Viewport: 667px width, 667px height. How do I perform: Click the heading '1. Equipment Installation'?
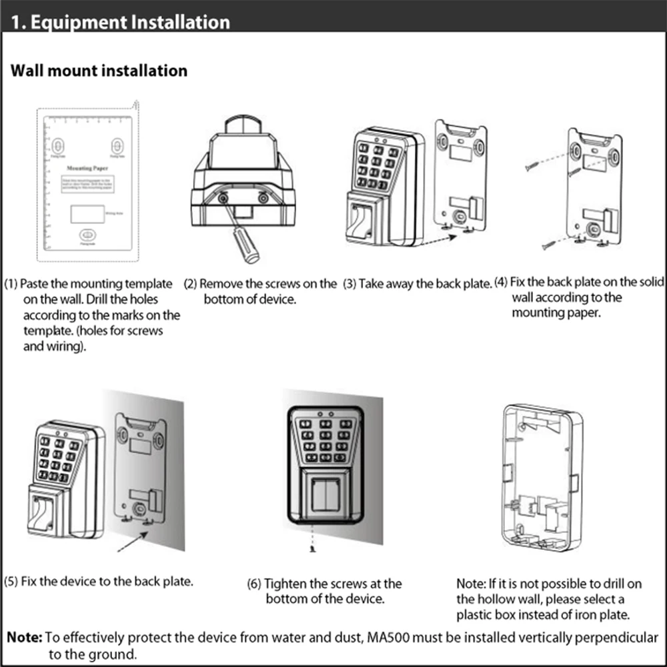pos(121,21)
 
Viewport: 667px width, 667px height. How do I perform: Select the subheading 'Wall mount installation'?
pos(99,70)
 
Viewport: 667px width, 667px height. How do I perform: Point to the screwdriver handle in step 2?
pos(247,248)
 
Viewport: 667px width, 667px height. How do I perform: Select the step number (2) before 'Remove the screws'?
pos(191,284)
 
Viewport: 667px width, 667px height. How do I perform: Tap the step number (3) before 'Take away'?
pos(350,284)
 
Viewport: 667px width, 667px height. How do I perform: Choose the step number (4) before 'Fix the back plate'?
pos(501,282)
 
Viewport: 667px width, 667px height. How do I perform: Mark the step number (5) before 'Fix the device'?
pos(11,581)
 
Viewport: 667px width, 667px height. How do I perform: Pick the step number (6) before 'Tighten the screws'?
pos(254,584)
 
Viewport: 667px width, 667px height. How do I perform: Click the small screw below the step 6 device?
pos(312,549)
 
